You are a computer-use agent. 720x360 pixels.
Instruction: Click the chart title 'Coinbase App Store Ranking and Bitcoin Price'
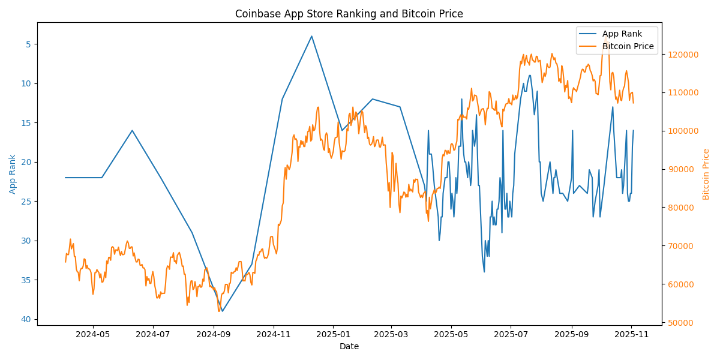pos(349,14)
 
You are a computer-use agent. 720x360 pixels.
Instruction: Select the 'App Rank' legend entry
pos(622,34)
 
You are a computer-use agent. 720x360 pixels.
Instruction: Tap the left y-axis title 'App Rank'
pos(13,174)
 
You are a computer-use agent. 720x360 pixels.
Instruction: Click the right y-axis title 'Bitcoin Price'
pos(706,174)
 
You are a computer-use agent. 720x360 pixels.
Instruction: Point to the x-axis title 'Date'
pos(349,346)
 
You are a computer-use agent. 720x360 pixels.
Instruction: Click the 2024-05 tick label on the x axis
pos(94,334)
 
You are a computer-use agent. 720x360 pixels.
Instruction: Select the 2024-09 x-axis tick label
pos(214,334)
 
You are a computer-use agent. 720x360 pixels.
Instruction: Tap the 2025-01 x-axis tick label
pos(333,334)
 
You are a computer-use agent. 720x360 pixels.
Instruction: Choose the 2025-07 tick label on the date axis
pos(511,334)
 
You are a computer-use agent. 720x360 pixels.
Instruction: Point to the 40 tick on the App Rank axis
pos(26,319)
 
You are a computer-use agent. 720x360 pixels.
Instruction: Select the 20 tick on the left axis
pos(26,162)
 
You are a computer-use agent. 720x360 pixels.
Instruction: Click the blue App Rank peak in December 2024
pos(311,36)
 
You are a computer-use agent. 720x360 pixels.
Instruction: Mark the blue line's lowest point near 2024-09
pos(222,311)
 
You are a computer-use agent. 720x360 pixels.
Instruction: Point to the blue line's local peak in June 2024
pos(132,130)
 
